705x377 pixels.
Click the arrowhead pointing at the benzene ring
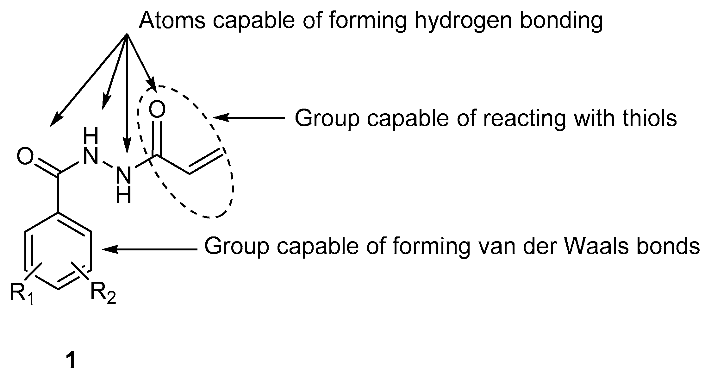109,249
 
